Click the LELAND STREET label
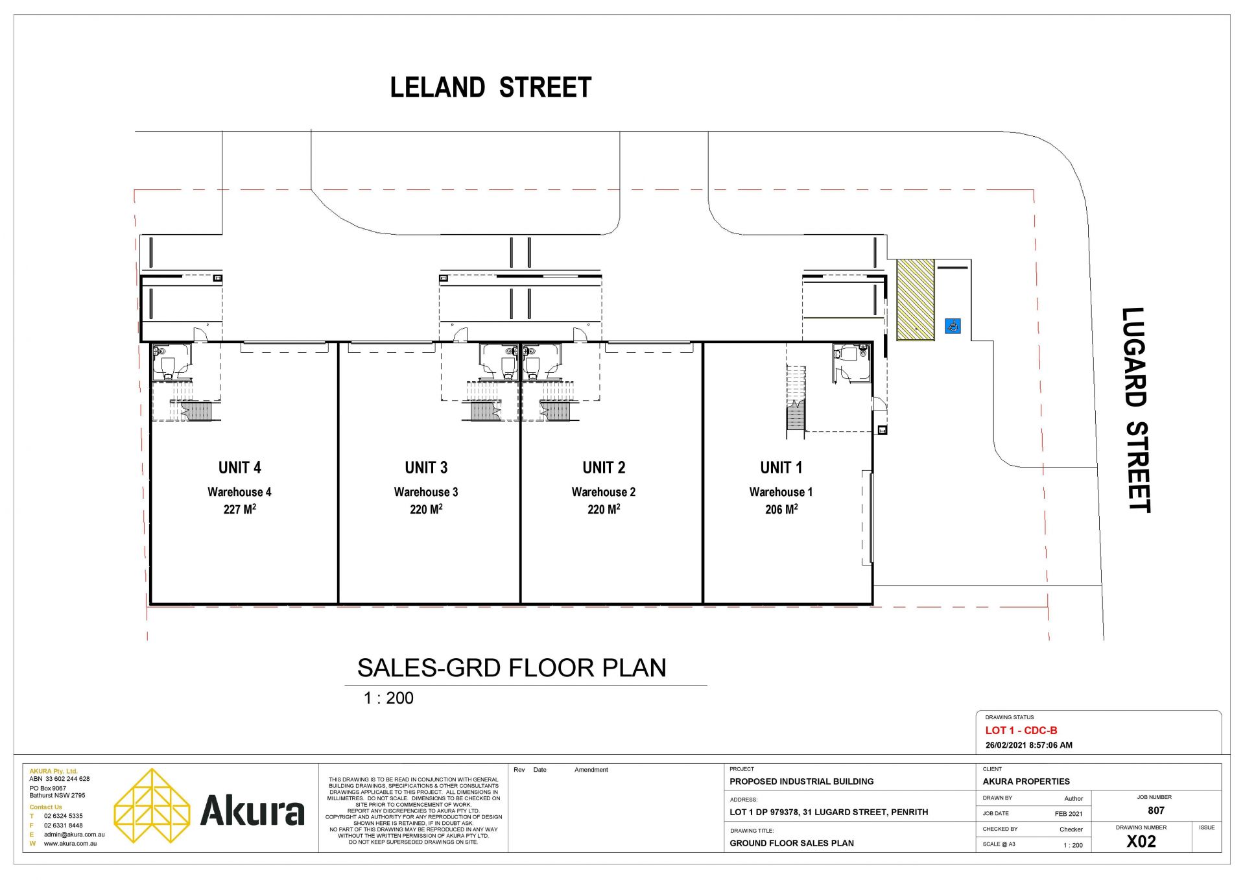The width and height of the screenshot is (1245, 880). (x=490, y=88)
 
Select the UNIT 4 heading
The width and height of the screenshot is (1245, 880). (x=239, y=468)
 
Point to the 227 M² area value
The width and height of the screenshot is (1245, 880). (x=239, y=509)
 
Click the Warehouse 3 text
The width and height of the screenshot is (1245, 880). (x=426, y=492)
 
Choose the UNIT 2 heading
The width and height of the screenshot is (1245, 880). (x=604, y=468)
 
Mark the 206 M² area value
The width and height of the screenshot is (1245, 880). (x=781, y=509)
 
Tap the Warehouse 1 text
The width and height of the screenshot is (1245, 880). (x=781, y=492)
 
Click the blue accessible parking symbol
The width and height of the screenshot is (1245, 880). (x=953, y=326)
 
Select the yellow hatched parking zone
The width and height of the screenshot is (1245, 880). (x=915, y=300)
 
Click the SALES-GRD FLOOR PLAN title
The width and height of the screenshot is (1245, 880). (x=512, y=668)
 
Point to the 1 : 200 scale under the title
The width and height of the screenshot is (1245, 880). (x=388, y=698)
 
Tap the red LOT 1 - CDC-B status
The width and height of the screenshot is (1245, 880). (x=1021, y=730)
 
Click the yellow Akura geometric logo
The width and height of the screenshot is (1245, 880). (x=152, y=806)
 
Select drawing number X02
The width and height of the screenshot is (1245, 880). (x=1141, y=842)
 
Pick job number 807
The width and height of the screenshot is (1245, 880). (x=1156, y=811)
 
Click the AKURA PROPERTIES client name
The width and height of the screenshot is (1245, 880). (x=1026, y=781)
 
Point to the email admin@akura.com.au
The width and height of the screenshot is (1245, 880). (x=74, y=835)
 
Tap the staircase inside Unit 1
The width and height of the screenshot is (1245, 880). (x=796, y=398)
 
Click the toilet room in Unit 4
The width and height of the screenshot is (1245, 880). (x=172, y=362)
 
